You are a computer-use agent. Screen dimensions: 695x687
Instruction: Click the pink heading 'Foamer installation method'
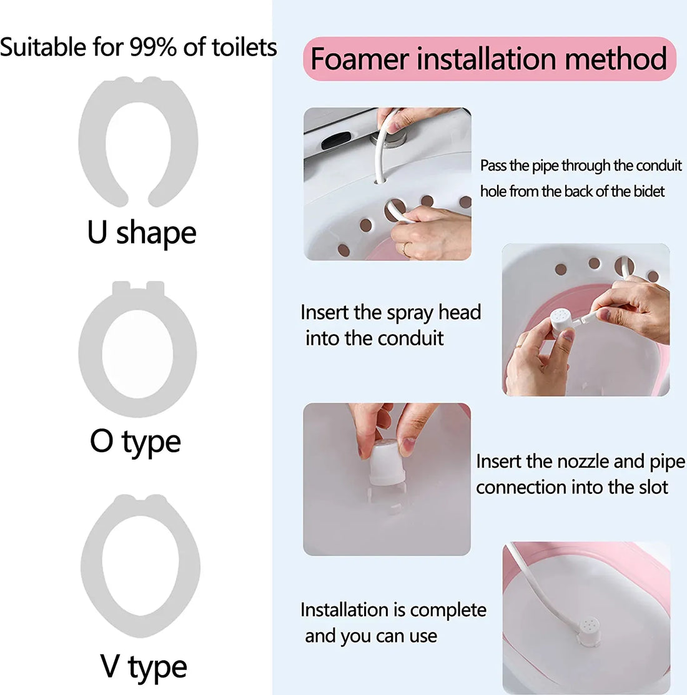click(x=489, y=59)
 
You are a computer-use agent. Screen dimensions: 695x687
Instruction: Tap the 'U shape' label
click(x=142, y=232)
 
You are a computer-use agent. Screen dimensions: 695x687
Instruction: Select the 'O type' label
click(x=136, y=441)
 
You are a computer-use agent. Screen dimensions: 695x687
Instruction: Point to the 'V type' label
click(x=144, y=666)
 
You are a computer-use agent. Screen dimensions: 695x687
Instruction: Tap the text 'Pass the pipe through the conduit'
click(x=581, y=165)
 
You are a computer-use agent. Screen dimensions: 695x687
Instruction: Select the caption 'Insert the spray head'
click(x=390, y=312)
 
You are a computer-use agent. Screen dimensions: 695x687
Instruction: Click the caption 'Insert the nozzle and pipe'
click(x=580, y=461)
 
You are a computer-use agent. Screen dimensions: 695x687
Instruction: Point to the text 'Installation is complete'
click(x=393, y=609)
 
